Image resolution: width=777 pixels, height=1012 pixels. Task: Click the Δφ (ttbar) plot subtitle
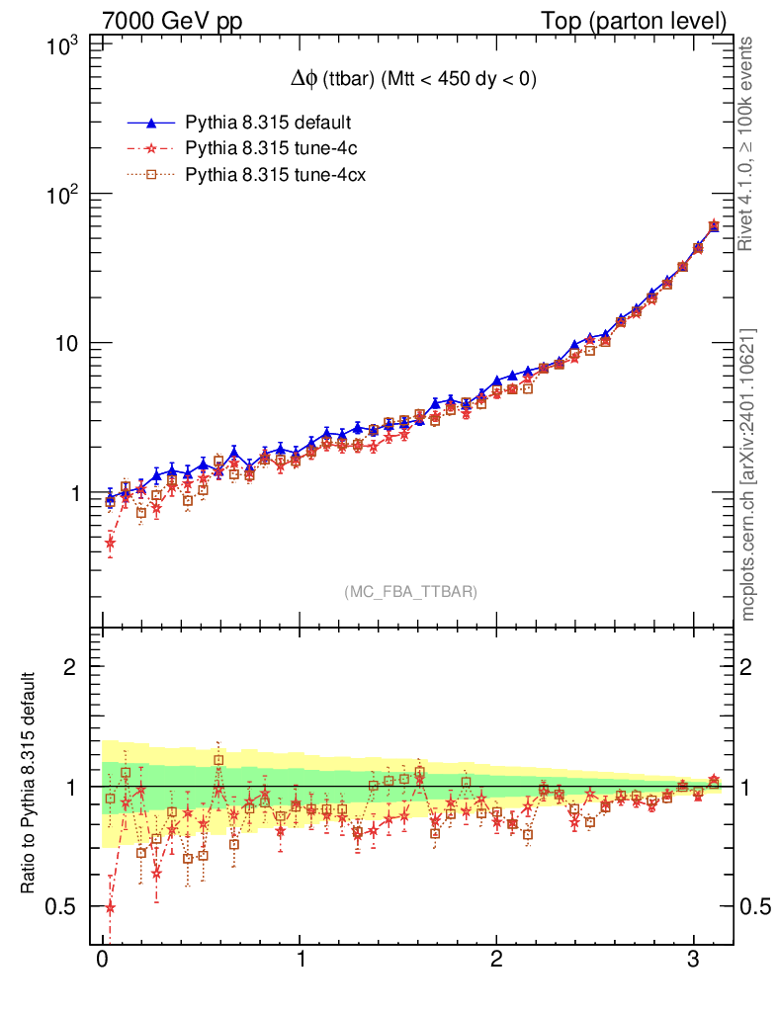(x=406, y=81)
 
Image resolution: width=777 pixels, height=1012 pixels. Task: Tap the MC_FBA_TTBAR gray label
(x=411, y=592)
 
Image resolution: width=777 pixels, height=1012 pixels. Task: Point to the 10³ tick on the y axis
(x=64, y=45)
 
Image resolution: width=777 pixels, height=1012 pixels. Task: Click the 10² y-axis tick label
(x=64, y=195)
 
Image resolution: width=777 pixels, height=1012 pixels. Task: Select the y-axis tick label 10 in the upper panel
(x=67, y=344)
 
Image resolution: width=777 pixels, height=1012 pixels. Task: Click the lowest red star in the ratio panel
(x=110, y=907)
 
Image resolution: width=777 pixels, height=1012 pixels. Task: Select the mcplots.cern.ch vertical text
(x=748, y=474)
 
